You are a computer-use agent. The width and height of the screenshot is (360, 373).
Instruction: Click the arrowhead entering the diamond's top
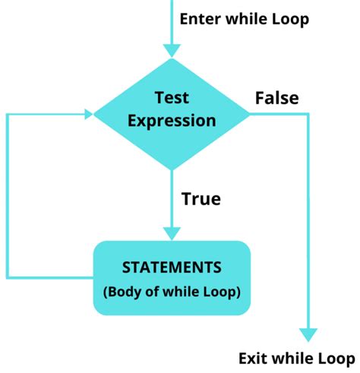click(172, 50)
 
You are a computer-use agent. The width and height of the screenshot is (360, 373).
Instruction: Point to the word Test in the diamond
click(172, 98)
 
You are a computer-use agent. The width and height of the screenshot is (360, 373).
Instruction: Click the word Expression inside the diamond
click(172, 120)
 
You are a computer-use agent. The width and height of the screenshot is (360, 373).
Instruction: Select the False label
click(276, 98)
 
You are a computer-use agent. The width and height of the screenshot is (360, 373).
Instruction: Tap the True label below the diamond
click(201, 199)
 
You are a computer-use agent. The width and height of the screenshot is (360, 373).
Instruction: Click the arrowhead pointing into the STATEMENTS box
click(172, 233)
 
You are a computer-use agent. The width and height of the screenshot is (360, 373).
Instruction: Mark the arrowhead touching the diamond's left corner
click(87, 115)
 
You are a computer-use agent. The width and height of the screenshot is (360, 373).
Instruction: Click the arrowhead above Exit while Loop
click(307, 333)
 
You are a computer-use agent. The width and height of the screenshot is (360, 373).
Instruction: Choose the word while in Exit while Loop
click(292, 358)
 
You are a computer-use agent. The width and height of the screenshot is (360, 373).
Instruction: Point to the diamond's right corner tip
click(249, 115)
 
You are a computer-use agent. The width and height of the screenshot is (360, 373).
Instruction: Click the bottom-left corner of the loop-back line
click(7, 277)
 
